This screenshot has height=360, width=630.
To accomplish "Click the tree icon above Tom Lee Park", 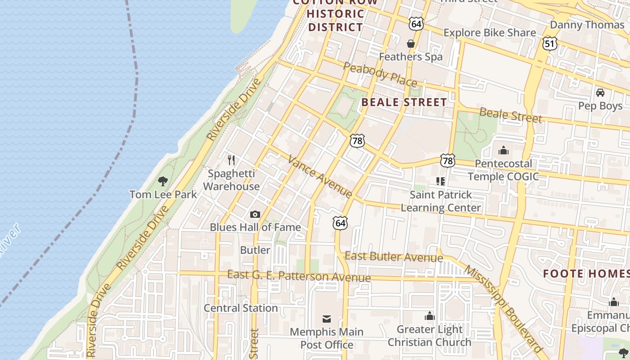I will click(163, 181).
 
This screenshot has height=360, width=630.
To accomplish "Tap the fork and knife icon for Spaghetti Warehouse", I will click(231, 160).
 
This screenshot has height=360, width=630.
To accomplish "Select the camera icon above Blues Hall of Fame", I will click(255, 214).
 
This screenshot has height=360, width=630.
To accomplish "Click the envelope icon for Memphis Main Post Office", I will click(327, 319).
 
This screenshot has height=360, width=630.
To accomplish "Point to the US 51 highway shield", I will click(550, 43).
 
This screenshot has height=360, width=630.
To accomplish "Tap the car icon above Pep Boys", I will click(600, 93).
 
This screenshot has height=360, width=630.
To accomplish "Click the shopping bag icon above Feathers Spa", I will click(410, 44).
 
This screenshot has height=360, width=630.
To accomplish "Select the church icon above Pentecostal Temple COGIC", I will click(503, 150).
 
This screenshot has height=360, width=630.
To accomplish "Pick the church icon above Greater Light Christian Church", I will click(430, 316).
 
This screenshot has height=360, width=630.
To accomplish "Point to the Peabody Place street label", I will click(380, 74).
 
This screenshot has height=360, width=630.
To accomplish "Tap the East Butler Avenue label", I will click(394, 257).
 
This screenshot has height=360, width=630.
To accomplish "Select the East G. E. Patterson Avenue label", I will click(299, 275).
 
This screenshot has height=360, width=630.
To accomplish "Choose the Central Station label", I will click(241, 308).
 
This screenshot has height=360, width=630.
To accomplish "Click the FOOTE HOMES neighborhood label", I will click(586, 274).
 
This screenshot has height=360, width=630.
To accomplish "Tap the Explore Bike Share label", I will click(490, 32).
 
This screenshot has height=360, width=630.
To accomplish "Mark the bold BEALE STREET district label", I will click(404, 102).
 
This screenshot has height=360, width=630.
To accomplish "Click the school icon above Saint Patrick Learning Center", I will click(441, 181).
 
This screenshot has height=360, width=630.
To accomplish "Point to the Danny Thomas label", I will click(587, 25).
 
